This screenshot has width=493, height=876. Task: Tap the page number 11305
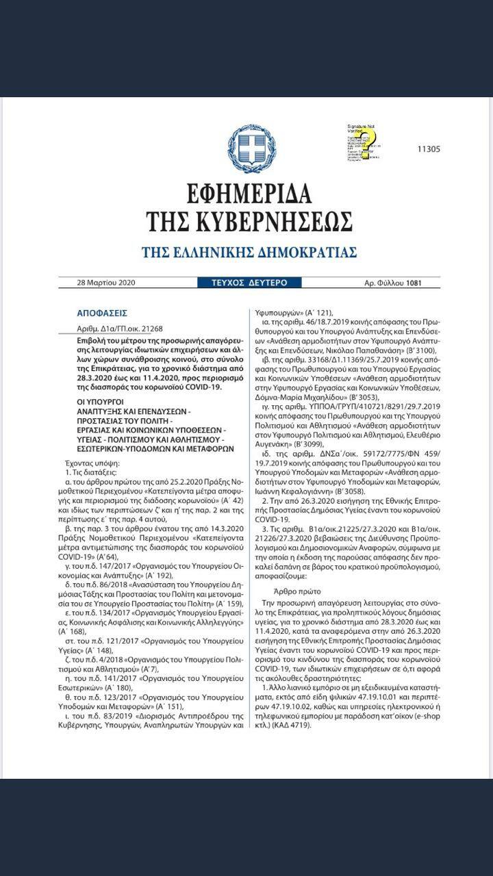tap(429, 149)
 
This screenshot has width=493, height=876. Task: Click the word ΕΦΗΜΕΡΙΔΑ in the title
tap(247, 191)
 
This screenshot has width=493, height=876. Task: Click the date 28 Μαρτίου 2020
tap(107, 283)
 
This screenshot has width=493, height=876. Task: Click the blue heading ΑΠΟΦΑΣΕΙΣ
tap(102, 313)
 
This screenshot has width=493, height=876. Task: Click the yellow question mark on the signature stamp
tap(377, 140)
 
